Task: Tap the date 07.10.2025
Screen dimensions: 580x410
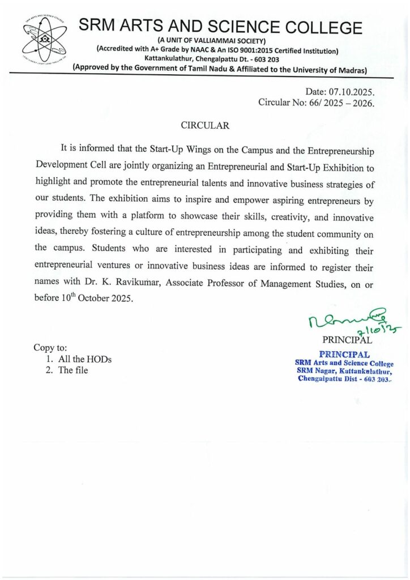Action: click(352, 91)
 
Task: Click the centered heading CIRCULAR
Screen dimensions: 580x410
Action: click(204, 125)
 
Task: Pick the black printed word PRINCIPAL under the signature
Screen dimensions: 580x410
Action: click(347, 340)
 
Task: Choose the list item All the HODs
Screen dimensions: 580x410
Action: click(85, 359)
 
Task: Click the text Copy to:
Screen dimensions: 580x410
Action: click(50, 348)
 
